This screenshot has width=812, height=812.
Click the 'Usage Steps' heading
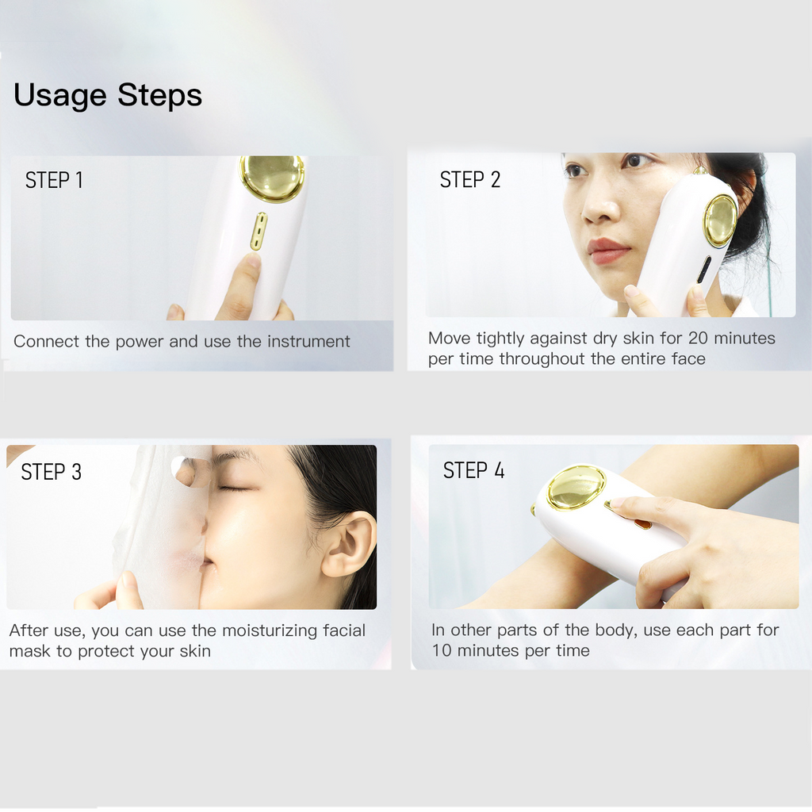[x=108, y=96]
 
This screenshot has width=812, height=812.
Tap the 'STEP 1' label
[x=54, y=180]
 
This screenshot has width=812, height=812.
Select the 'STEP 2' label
[x=469, y=180]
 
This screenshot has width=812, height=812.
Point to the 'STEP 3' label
[x=52, y=472]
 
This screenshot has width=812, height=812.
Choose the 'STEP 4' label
[x=473, y=470]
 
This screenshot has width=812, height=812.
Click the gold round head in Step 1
[x=271, y=178]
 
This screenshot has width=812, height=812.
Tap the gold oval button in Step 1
[x=259, y=231]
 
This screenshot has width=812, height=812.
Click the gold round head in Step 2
[x=720, y=221]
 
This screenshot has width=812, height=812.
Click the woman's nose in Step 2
[x=601, y=205]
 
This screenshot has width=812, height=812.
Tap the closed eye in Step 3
[x=235, y=488]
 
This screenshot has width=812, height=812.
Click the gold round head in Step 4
[x=576, y=487]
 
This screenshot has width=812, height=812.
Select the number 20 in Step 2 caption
[x=698, y=338]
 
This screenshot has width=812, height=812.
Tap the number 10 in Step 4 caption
[x=442, y=650]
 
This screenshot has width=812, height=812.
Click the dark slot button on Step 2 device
[x=704, y=270]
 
